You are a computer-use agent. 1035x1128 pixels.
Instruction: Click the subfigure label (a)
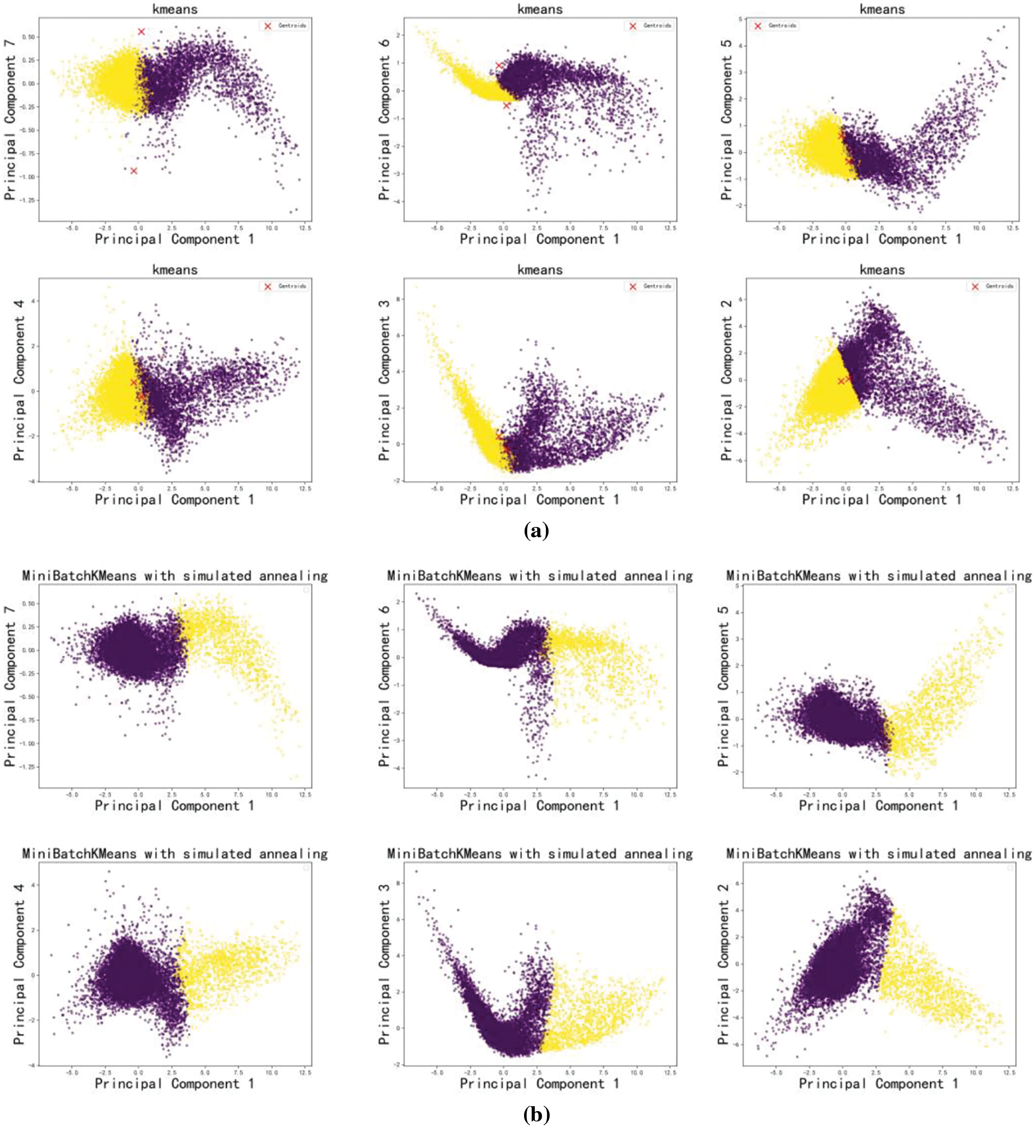(536, 530)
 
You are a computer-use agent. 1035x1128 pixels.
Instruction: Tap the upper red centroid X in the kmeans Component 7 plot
(141, 32)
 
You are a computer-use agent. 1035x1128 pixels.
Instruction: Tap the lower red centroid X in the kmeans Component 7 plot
(133, 171)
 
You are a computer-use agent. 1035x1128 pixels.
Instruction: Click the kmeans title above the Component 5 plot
(882, 9)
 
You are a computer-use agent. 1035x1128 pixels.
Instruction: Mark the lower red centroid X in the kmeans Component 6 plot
(506, 105)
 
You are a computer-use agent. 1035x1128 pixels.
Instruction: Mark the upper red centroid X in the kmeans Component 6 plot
(499, 65)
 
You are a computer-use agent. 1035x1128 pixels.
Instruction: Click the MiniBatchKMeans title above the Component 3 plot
(539, 853)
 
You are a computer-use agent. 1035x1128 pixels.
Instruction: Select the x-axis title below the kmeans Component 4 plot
(174, 499)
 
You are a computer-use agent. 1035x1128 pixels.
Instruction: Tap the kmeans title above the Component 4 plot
(175, 270)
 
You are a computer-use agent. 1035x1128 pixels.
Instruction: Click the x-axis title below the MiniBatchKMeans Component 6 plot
(539, 806)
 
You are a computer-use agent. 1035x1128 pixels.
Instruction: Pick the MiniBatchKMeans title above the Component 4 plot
(175, 853)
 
